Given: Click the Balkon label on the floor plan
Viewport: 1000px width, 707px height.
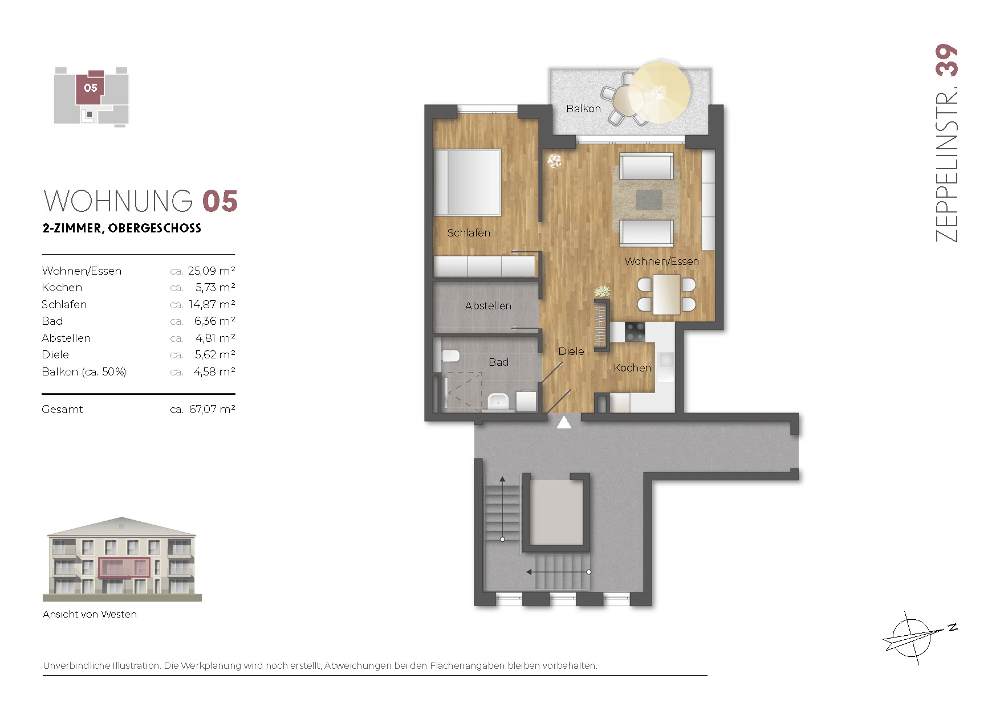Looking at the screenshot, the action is click(x=583, y=108).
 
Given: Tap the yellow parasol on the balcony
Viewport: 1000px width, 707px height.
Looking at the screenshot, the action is click(x=660, y=92).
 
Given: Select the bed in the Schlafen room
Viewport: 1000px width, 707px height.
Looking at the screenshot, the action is click(x=467, y=182).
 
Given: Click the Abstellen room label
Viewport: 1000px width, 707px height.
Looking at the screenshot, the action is click(x=488, y=306).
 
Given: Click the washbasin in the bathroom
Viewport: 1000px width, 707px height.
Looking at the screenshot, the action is click(x=498, y=401).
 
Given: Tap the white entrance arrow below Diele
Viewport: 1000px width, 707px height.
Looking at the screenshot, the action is click(x=564, y=422).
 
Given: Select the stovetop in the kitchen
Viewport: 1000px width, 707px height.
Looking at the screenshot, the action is click(x=635, y=331).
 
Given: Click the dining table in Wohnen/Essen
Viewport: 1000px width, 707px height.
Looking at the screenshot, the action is click(x=666, y=294).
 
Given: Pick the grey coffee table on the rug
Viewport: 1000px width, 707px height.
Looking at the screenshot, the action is click(x=649, y=199).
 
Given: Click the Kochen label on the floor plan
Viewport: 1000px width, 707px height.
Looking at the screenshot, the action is click(x=632, y=368).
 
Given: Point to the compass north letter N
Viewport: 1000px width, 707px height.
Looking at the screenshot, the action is click(x=952, y=628).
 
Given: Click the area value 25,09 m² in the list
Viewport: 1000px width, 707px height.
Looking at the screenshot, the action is click(x=212, y=271).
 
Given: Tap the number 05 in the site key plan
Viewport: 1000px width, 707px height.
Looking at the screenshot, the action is click(x=91, y=88).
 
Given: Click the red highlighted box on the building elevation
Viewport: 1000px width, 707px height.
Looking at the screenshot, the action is click(x=124, y=567).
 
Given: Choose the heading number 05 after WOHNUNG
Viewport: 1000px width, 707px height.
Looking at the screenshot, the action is click(x=220, y=202).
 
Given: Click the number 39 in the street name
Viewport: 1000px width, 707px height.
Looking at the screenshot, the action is click(x=946, y=60).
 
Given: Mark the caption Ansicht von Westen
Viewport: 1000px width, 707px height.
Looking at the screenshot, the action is click(x=90, y=614).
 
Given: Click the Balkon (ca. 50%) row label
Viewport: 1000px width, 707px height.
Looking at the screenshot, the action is click(x=84, y=371).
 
